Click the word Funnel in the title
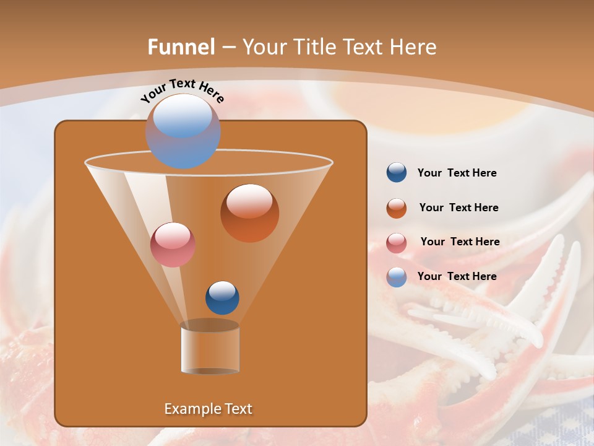click(181, 47)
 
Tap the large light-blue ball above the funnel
click(183, 131)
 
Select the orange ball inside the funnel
click(249, 213)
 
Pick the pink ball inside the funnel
click(173, 245)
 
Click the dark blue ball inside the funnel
click(222, 297)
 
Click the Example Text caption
click(208, 409)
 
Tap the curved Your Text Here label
click(183, 90)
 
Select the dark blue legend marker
click(397, 173)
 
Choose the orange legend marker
click(397, 208)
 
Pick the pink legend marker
click(397, 243)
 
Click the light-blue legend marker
click(397, 277)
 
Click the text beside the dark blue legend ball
click(457, 173)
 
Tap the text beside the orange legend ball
click(458, 208)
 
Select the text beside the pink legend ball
click(460, 242)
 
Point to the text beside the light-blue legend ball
click(457, 276)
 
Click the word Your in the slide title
click(264, 47)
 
